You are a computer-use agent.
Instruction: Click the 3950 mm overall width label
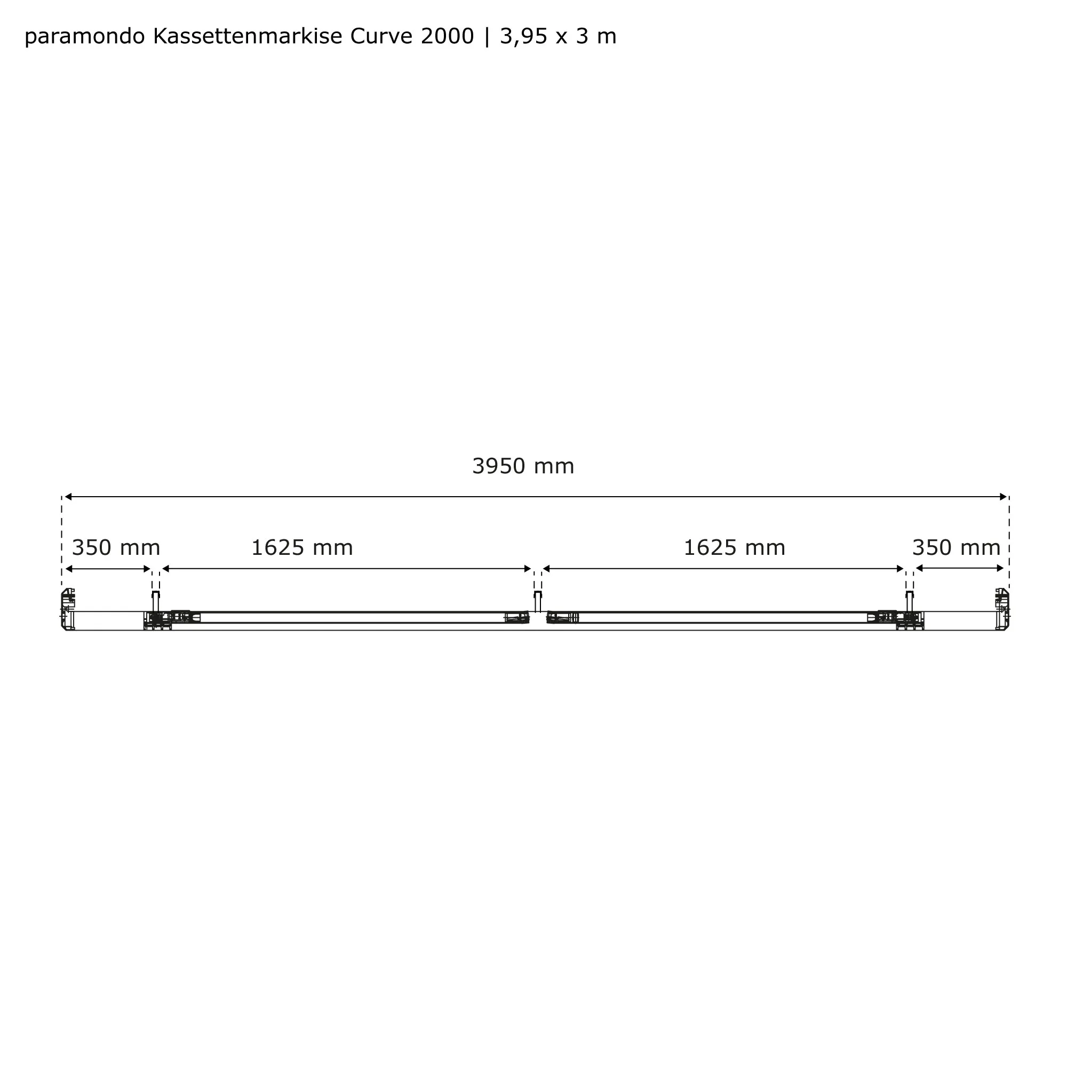pos(523,467)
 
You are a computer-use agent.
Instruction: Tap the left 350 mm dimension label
pos(116,548)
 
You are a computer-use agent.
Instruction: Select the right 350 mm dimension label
pos(956,548)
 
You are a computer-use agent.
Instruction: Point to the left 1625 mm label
pos(302,548)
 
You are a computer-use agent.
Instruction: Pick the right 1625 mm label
pos(735,548)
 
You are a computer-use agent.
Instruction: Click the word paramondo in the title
pos(85,37)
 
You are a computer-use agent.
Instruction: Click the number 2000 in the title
pos(448,36)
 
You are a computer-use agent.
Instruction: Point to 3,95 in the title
pos(523,37)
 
